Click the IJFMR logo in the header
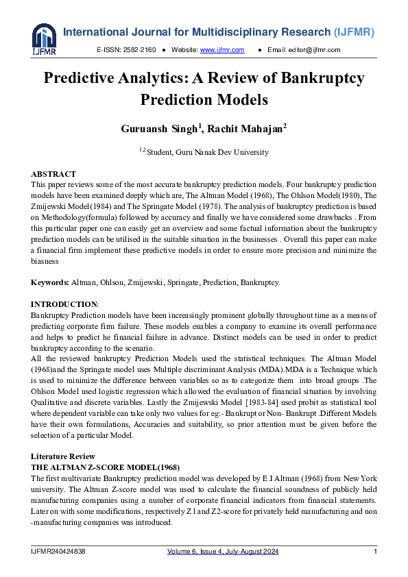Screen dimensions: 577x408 (x=43, y=38)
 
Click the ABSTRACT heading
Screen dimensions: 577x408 (x=53, y=174)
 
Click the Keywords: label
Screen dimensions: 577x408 (x=50, y=282)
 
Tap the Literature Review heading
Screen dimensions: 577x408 (x=63, y=456)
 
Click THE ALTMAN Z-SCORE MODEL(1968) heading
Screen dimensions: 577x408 (x=106, y=467)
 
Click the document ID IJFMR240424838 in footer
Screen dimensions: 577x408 (x=58, y=552)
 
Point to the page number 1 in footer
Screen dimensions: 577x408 (x=375, y=552)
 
